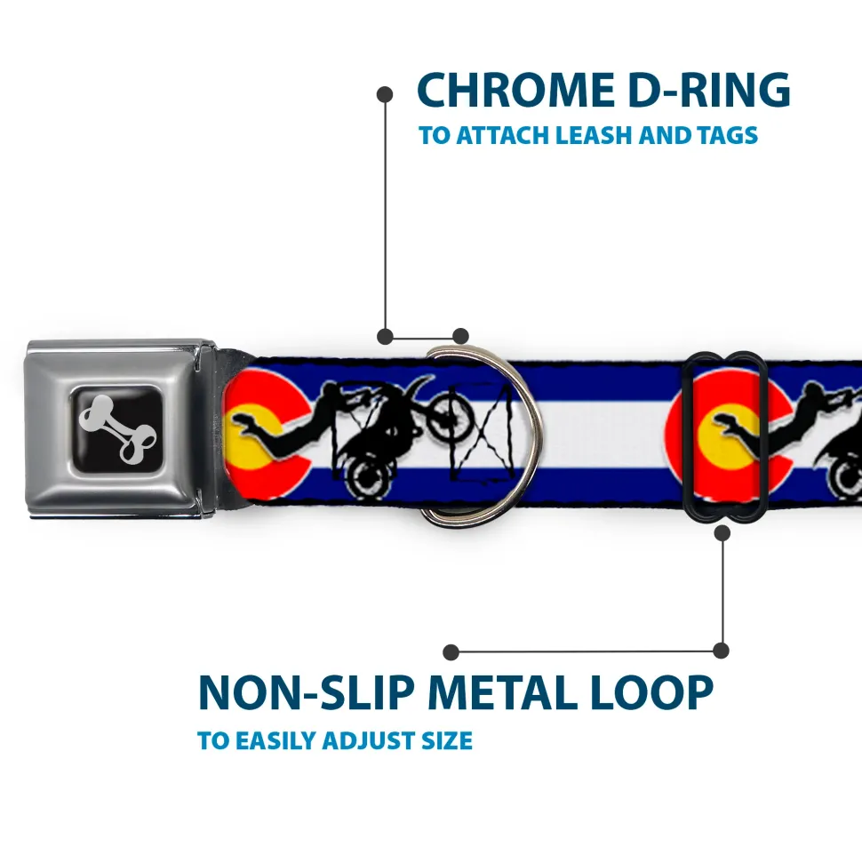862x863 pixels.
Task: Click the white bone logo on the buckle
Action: tap(117, 428)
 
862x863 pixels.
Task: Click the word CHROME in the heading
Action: tap(516, 90)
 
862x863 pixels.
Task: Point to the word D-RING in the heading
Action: tap(709, 90)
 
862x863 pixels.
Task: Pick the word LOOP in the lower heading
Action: tap(651, 692)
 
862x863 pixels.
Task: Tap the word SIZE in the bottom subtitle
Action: tap(447, 741)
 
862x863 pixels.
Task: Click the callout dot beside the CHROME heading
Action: tap(385, 95)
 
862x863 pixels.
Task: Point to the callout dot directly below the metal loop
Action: tap(722, 532)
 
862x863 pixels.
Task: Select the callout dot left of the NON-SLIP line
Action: tap(451, 652)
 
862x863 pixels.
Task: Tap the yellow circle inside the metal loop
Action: tap(725, 435)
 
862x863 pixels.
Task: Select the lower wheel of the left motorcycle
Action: tap(365, 478)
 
